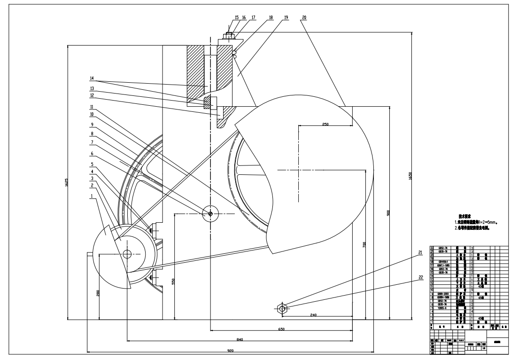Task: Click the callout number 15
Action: pos(237,17)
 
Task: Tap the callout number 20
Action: pos(304,17)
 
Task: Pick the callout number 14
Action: pos(93,78)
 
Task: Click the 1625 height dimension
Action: pos(67,181)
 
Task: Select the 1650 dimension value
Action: pos(411,176)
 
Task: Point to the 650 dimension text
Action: pos(281,329)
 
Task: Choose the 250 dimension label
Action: pos(325,124)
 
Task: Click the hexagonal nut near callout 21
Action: pos(282,308)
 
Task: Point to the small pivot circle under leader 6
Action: pos(210,214)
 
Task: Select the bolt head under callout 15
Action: pos(229,34)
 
